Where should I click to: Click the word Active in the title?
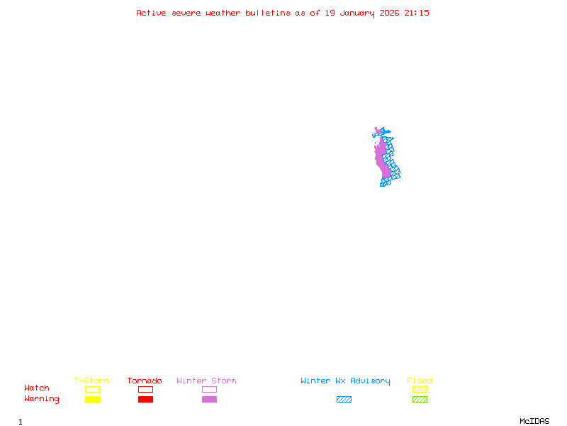click(151, 13)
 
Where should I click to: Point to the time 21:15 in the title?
click(417, 13)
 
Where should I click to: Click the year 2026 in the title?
click(388, 13)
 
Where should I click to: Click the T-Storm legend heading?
click(91, 381)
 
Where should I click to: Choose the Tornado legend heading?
click(145, 381)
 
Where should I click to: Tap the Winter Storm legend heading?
click(206, 381)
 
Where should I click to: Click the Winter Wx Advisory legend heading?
click(345, 381)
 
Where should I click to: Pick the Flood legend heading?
click(420, 381)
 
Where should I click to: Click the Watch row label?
click(37, 388)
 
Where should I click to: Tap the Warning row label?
click(42, 399)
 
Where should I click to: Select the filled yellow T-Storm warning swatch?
click(92, 399)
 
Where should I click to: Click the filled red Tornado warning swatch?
click(145, 399)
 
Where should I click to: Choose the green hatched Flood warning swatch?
click(420, 399)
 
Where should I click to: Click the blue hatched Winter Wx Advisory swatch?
click(344, 399)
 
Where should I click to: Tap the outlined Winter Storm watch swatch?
click(209, 389)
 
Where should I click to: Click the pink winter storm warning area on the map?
click(383, 160)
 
